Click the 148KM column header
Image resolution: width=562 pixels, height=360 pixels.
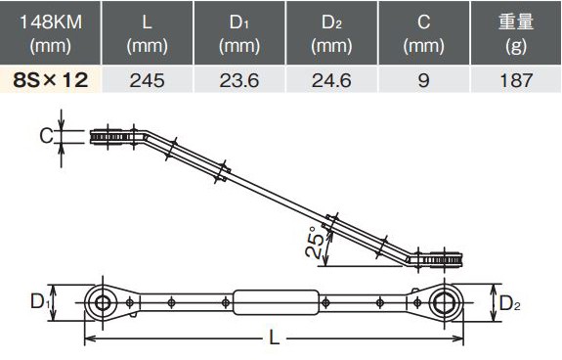(x=50, y=33)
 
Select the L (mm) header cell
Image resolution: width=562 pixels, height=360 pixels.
(x=148, y=33)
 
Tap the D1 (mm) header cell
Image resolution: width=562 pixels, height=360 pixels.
(x=239, y=33)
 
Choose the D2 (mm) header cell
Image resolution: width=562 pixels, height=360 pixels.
(x=331, y=33)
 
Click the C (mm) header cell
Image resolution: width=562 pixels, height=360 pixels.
(x=423, y=33)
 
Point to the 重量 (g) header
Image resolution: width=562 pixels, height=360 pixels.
(x=516, y=33)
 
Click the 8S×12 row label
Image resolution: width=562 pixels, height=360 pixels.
(x=50, y=79)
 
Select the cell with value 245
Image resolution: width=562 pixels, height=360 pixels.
(x=148, y=79)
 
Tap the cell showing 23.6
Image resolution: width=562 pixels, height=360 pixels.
(x=239, y=79)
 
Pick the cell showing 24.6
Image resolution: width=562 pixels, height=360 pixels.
(x=331, y=79)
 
